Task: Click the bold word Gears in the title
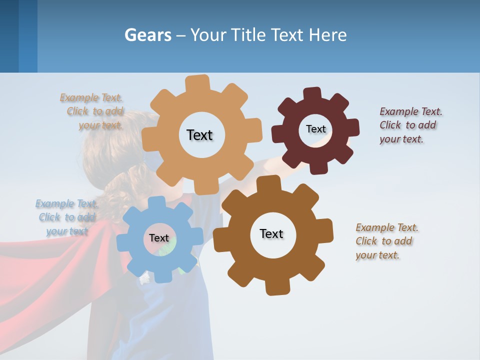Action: click(x=147, y=35)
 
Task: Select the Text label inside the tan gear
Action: click(x=199, y=135)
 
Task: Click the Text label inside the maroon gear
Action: click(x=315, y=129)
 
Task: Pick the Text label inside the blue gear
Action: click(x=159, y=238)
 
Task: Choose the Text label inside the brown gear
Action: click(x=271, y=233)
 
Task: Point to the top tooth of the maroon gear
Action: click(x=312, y=93)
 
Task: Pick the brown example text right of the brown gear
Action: click(x=385, y=241)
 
